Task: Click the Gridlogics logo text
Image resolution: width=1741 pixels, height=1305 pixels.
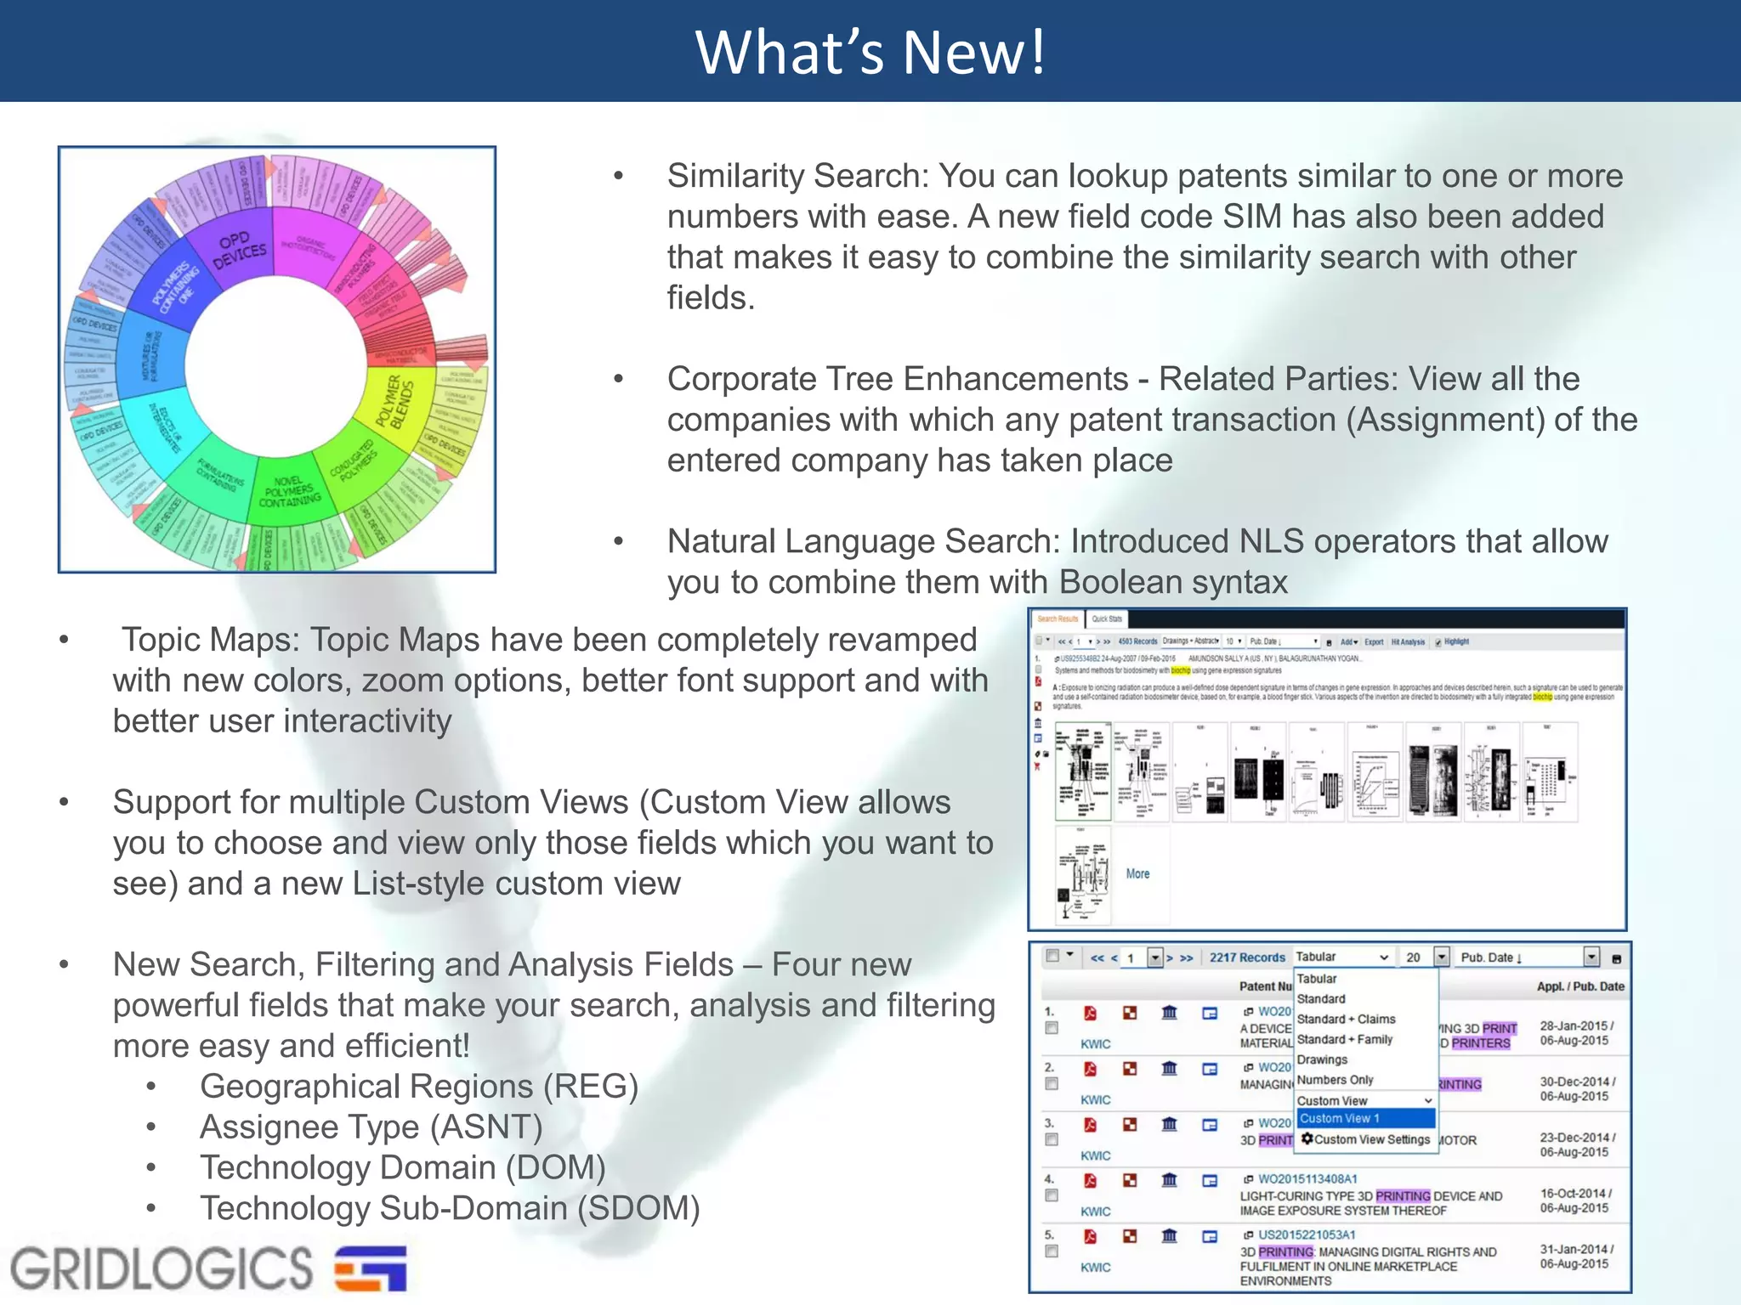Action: click(x=162, y=1268)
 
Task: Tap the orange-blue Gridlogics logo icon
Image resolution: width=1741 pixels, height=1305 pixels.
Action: click(x=371, y=1268)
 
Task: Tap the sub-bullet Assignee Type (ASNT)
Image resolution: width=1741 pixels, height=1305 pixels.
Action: click(x=371, y=1127)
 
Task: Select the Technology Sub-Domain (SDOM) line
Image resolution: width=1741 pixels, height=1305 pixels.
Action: click(x=449, y=1208)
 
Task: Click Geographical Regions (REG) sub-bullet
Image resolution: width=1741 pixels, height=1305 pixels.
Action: click(x=418, y=1086)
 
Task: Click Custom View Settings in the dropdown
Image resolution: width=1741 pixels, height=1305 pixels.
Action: click(x=1371, y=1139)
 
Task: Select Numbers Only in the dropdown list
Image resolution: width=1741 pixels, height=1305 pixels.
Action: click(x=1335, y=1080)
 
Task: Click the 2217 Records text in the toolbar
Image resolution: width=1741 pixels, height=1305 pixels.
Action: click(x=1247, y=958)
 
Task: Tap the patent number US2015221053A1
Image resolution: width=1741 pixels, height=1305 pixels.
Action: click(x=1307, y=1234)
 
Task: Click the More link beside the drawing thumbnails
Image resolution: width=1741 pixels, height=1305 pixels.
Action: click(x=1137, y=873)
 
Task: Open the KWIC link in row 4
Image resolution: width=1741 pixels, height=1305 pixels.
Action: click(x=1095, y=1212)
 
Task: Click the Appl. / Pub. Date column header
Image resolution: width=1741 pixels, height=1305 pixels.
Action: click(x=1579, y=986)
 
